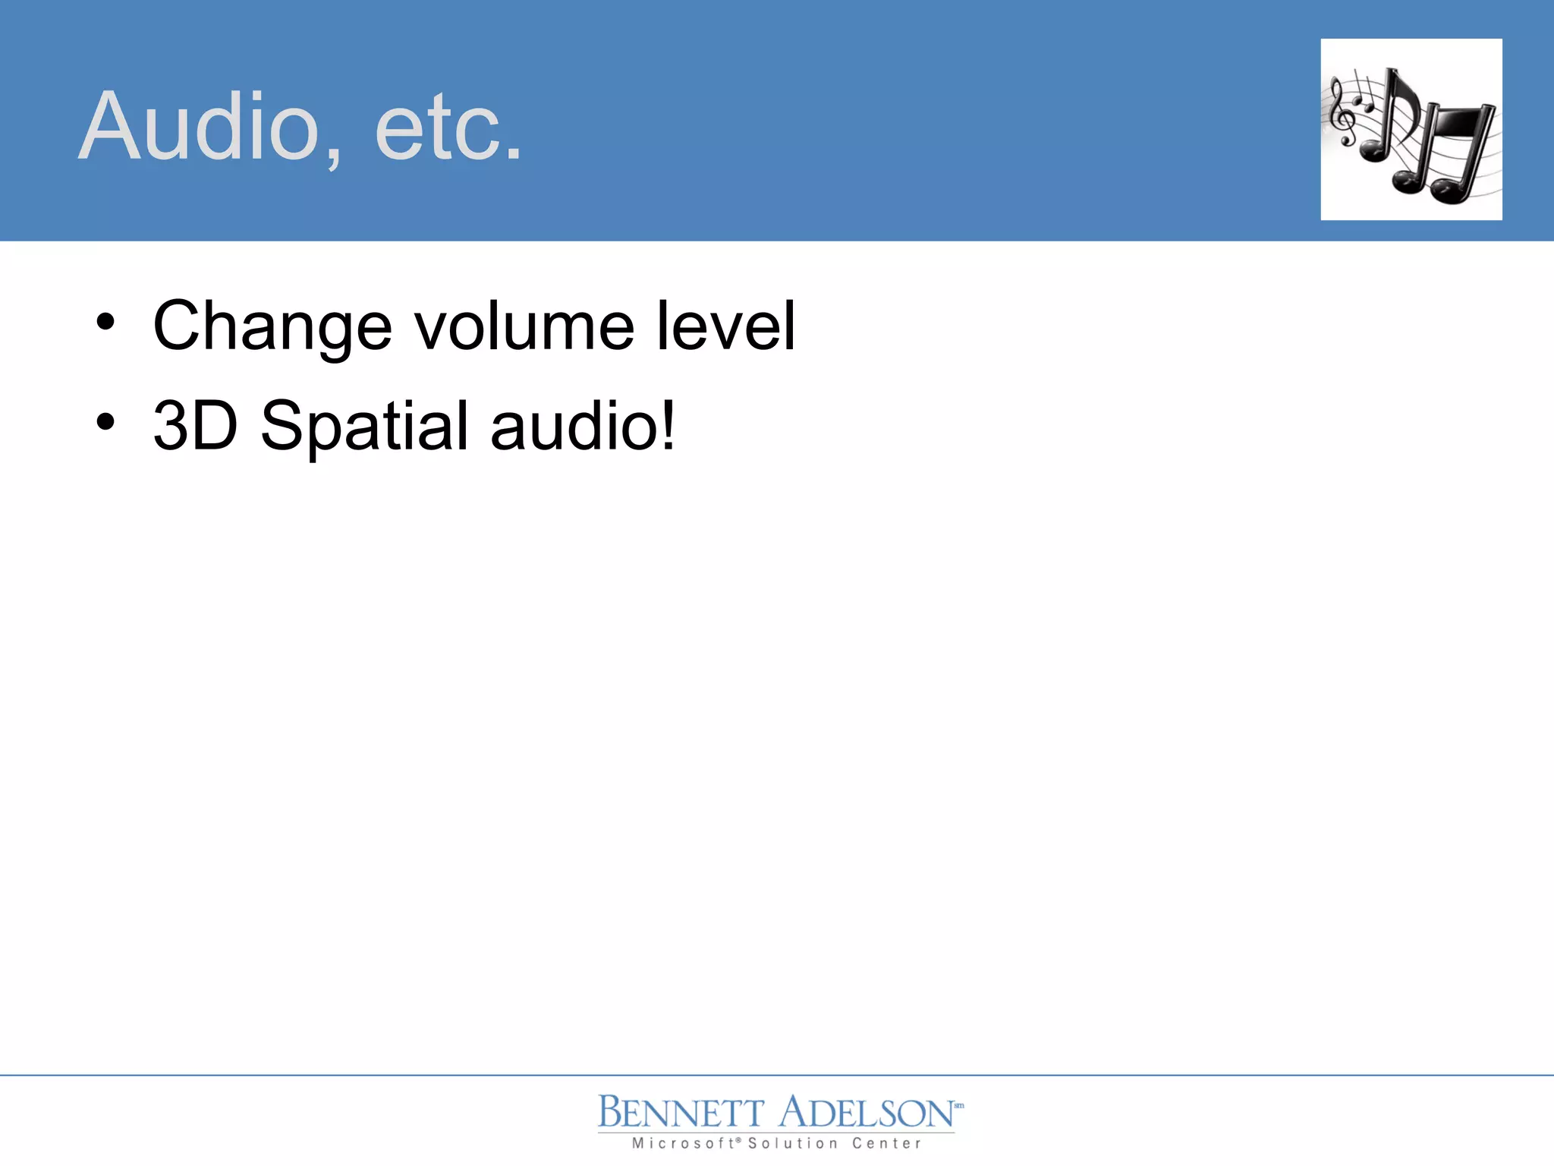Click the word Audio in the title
pos(200,127)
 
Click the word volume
pos(524,326)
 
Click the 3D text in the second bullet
pos(196,425)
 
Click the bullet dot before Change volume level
pos(105,323)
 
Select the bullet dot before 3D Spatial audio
pos(105,422)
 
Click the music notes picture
pos(1411,130)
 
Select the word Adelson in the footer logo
pos(866,1114)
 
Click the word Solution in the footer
pos(793,1143)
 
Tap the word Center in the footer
pos(886,1143)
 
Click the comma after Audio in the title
pos(334,156)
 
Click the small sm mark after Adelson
pos(958,1105)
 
